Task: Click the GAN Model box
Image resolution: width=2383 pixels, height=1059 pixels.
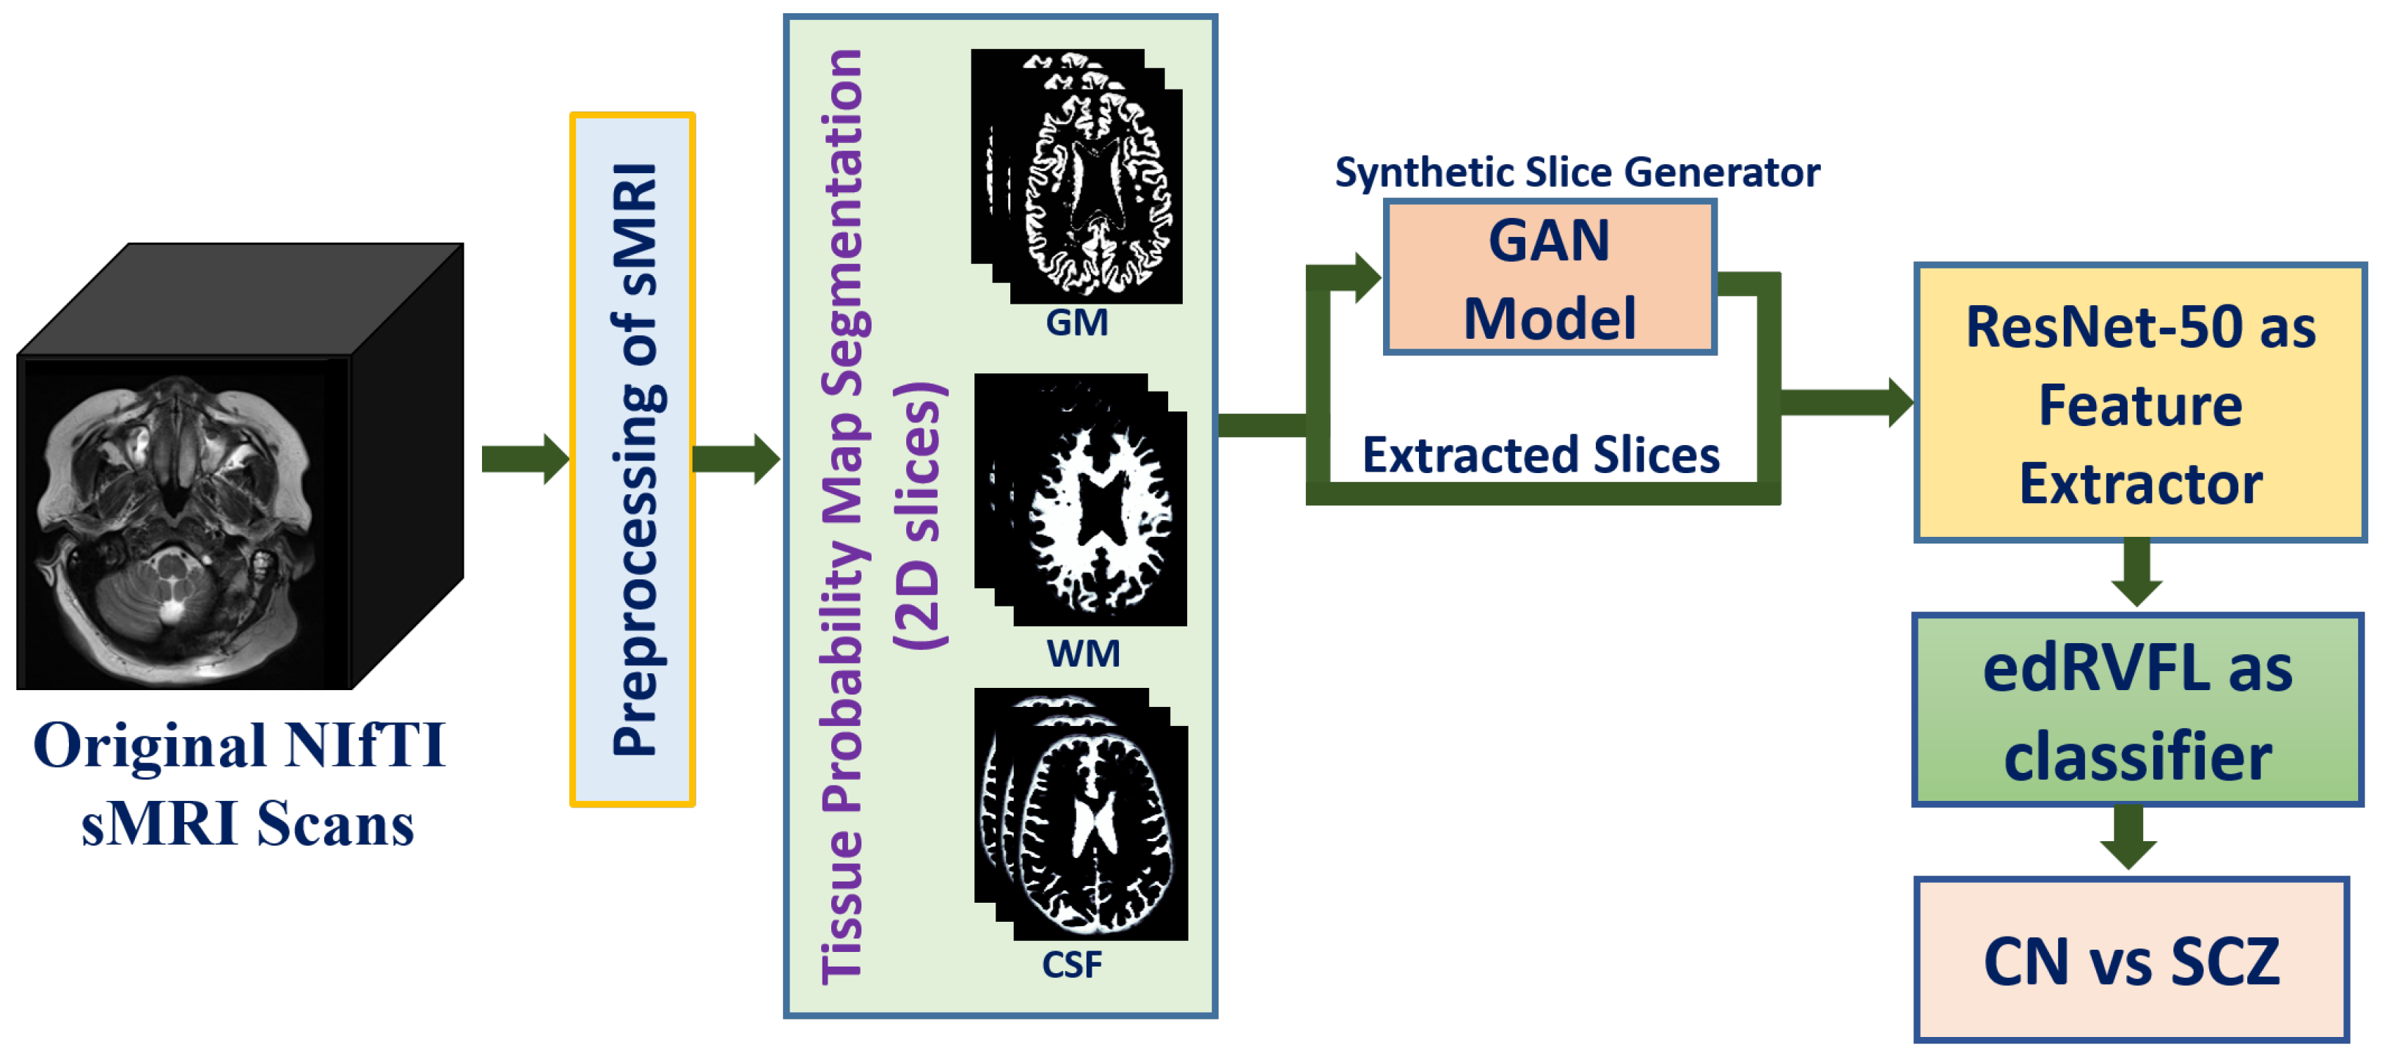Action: pos(1550,276)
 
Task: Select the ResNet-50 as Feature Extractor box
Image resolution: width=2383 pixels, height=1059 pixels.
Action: pos(2139,403)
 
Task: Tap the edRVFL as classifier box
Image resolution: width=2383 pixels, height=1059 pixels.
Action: pos(2137,711)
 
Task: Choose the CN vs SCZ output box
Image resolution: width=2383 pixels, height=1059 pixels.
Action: pos(2131,960)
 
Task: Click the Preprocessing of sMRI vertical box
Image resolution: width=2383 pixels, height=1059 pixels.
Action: pos(632,460)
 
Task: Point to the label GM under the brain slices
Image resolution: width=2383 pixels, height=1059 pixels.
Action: pos(1076,323)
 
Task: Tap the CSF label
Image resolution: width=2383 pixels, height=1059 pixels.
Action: pos(1071,964)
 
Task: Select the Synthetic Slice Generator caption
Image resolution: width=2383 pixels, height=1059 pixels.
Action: pos(1577,172)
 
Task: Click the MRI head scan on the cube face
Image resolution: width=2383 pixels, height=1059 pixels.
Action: pos(176,518)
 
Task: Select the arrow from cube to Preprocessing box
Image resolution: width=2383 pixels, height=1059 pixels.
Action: pos(524,459)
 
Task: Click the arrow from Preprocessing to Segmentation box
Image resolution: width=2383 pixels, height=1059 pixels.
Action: pos(735,459)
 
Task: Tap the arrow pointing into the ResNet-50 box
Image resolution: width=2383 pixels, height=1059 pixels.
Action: pos(1845,403)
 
